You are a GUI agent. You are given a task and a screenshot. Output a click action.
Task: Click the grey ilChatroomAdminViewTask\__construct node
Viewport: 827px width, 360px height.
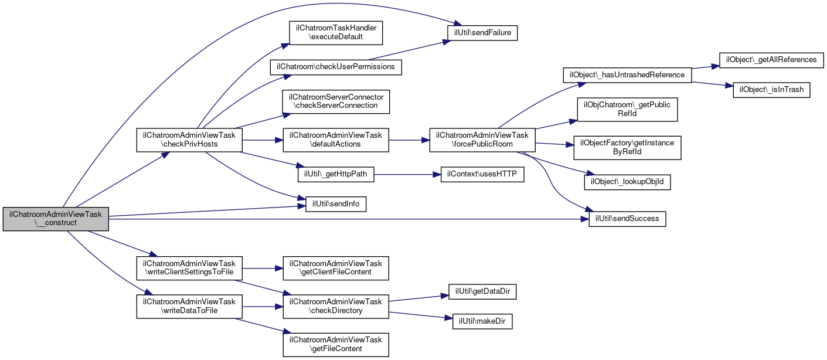pos(56,219)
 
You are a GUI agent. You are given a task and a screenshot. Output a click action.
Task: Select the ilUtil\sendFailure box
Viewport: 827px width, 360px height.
pos(482,33)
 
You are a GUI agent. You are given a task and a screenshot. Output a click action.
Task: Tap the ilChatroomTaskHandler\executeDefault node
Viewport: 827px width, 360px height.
pos(336,33)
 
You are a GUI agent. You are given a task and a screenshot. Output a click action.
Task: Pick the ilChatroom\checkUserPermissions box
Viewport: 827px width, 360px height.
pos(336,67)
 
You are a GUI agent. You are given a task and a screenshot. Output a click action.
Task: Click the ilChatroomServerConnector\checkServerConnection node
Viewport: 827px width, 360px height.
pos(336,101)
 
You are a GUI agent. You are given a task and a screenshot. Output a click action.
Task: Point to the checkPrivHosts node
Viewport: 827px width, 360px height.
pos(189,140)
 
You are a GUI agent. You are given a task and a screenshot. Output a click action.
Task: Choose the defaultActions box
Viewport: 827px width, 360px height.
pos(336,140)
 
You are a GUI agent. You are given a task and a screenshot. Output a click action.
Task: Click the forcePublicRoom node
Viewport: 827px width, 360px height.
pos(482,140)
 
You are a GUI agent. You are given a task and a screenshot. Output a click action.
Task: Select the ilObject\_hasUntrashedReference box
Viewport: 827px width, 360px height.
pos(627,75)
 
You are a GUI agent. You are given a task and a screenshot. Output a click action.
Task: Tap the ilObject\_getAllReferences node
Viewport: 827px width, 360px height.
pos(771,60)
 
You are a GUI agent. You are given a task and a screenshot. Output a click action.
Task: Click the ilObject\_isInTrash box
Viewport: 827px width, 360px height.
pos(771,90)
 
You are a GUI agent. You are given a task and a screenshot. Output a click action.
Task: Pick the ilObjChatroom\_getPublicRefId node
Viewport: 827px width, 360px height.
pos(627,109)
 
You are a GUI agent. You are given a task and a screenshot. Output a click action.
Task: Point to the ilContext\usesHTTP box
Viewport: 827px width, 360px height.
pos(482,174)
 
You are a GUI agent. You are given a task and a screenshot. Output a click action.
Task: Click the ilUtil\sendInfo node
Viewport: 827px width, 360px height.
pos(336,204)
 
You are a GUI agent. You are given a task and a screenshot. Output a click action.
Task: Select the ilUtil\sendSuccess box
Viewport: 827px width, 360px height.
pos(627,219)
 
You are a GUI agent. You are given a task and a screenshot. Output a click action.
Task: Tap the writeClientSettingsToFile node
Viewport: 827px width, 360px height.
pos(189,268)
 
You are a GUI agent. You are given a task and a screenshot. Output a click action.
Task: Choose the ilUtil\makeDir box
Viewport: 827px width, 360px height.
pos(482,322)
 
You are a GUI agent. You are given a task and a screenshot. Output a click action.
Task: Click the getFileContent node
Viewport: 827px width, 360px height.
pos(336,345)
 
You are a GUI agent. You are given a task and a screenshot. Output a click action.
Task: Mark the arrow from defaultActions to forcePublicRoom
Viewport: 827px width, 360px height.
pos(409,140)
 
